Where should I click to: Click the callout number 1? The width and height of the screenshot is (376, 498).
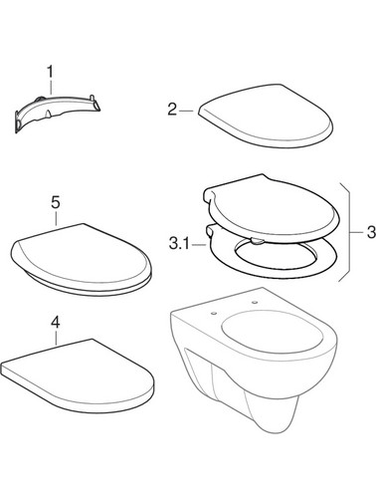coord(50,72)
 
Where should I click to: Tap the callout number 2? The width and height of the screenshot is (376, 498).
coord(172,110)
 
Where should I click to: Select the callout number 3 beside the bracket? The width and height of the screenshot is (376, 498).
coord(371,232)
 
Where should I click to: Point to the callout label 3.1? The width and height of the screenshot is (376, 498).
coord(179,244)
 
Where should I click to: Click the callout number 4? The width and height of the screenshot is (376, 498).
coord(56,322)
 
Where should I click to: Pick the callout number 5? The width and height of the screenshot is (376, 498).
coord(56,202)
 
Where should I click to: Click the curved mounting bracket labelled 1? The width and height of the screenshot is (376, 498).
coord(57,112)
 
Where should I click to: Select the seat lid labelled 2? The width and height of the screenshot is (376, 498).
coord(266,116)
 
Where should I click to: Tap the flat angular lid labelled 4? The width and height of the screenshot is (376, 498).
coord(78,375)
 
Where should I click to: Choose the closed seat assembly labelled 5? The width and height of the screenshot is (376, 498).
coord(82,259)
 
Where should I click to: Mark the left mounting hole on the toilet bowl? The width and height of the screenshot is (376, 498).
coord(214,313)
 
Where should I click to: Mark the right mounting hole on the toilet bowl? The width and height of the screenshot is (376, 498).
coord(255,302)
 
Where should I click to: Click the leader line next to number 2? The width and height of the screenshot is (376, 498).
coord(187,111)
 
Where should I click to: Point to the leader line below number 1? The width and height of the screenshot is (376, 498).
coord(51,87)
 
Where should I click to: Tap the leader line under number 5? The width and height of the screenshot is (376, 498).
coord(56,218)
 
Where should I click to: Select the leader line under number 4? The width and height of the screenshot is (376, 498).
coord(56,338)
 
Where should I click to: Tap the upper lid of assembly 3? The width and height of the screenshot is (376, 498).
coord(272,207)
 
